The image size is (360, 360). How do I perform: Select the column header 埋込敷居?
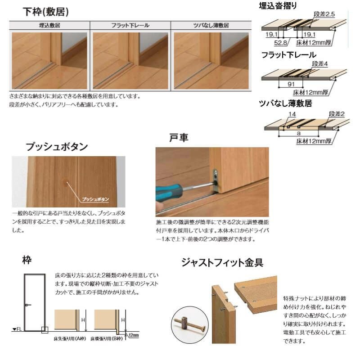[x=49, y=26]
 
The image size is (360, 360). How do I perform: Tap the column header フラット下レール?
[x=130, y=26]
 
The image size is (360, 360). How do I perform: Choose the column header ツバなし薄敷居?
[x=211, y=26]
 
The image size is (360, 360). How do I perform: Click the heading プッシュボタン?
[x=57, y=147]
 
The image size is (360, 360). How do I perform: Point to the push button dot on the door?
[x=67, y=182]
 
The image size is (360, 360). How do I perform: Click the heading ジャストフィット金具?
[x=222, y=262]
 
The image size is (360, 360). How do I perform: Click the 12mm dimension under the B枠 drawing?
[x=134, y=335]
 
